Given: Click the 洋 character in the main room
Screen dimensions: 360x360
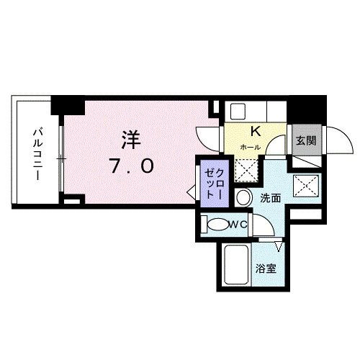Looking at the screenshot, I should (131, 138).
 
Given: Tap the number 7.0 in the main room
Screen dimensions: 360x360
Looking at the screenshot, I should (131, 167).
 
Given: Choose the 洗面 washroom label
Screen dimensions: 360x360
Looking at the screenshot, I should (270, 197).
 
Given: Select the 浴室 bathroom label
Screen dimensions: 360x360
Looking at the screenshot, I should (265, 270).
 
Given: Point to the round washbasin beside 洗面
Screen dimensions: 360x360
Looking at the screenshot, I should (243, 197).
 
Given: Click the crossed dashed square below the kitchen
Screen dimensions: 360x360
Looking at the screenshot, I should (249, 169).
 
